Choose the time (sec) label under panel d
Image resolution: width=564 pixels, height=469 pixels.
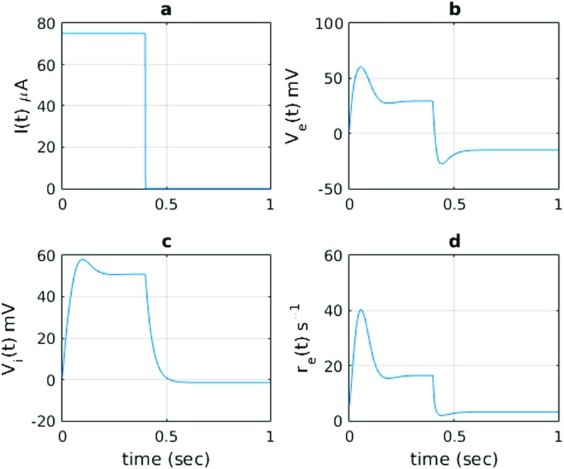(453, 455)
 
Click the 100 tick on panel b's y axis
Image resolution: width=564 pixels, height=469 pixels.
(329, 23)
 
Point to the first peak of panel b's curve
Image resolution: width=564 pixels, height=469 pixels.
(361, 67)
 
